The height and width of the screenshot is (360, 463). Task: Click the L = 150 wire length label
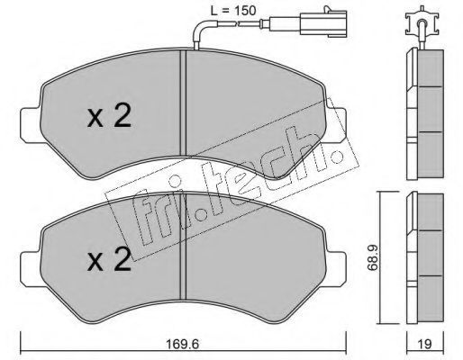(x=233, y=11)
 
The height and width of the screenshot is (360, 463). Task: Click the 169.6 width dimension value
(x=183, y=344)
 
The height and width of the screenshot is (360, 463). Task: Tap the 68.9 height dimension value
(x=373, y=257)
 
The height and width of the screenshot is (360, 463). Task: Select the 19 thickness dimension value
(x=424, y=344)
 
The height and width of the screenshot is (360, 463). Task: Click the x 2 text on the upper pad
(x=109, y=116)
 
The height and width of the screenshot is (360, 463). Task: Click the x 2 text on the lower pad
(x=109, y=259)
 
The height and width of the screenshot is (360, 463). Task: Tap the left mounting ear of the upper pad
(x=30, y=125)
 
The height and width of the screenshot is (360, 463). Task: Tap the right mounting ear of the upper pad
(x=336, y=125)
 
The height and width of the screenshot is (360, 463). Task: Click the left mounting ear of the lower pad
(x=30, y=268)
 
